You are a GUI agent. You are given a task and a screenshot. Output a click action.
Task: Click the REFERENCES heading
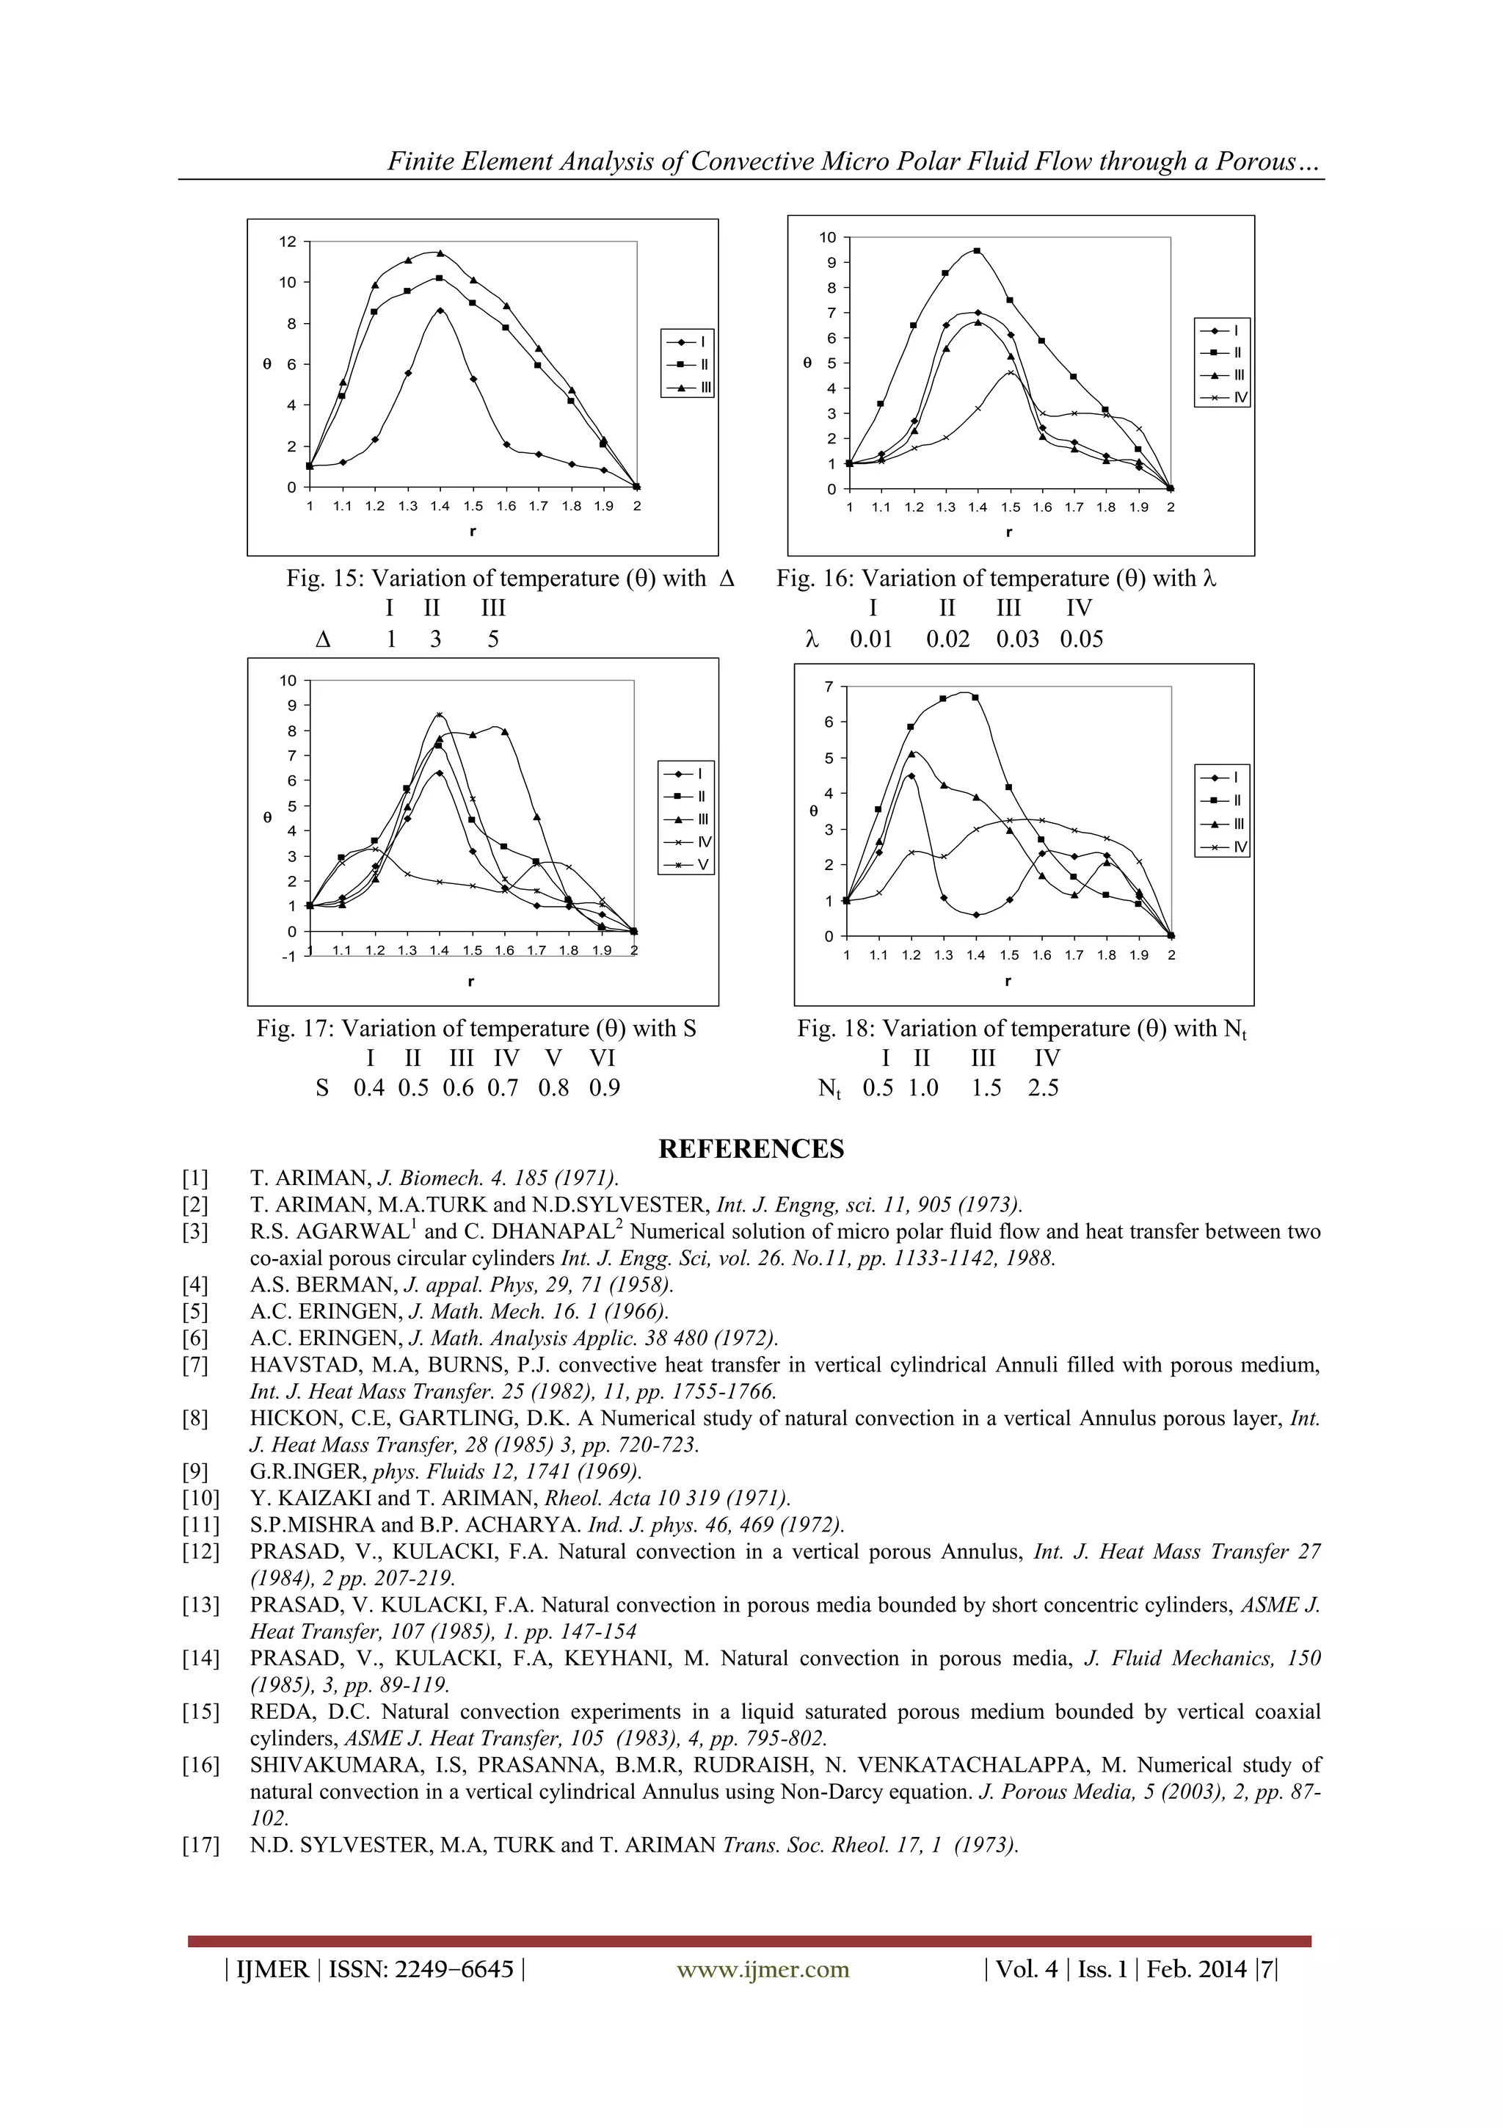[x=751, y=1149]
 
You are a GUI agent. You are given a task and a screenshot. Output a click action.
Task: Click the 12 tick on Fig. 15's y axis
[x=288, y=242]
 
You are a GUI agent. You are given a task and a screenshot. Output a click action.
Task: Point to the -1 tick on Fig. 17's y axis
[x=288, y=957]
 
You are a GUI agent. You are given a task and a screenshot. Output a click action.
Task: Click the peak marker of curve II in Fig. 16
[x=977, y=251]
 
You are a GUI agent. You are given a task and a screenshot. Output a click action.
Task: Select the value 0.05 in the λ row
[x=1081, y=639]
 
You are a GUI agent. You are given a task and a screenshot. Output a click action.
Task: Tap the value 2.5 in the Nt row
[x=1043, y=1089]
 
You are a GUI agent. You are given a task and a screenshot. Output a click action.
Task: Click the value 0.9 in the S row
[x=604, y=1089]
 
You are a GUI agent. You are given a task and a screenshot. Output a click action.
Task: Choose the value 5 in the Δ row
[x=494, y=639]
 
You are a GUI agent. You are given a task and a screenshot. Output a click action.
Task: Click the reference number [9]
[x=195, y=1472]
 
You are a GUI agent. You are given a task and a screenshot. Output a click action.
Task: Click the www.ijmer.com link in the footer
[x=763, y=1970]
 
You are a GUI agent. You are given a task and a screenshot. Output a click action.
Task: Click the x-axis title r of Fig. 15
[x=473, y=531]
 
